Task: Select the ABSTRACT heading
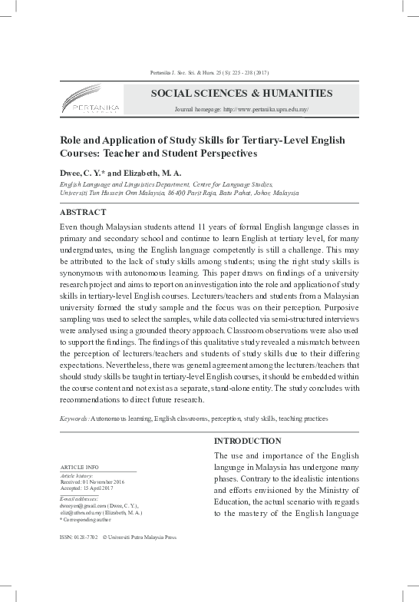click(x=84, y=210)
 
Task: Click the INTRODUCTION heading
click(x=247, y=442)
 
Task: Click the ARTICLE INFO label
click(x=78, y=468)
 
